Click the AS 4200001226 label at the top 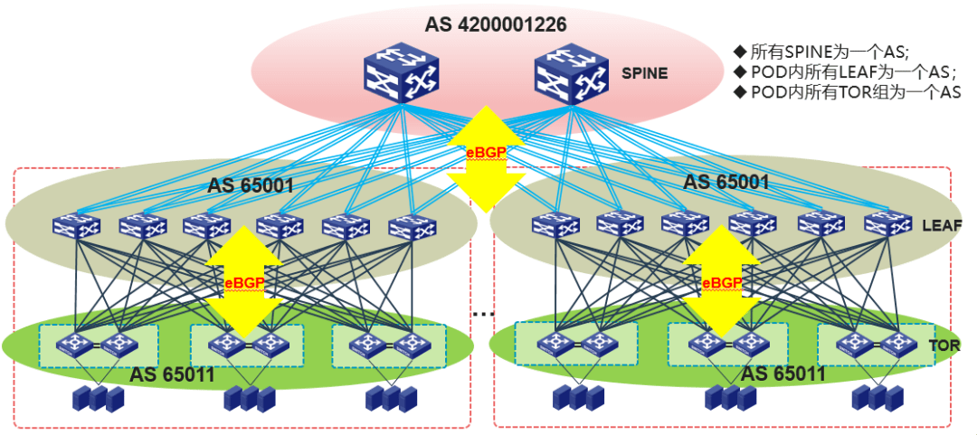click(x=496, y=24)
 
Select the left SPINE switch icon click(x=401, y=72)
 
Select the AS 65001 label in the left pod click(x=251, y=186)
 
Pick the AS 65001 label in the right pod click(x=726, y=182)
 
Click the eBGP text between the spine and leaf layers click(x=485, y=152)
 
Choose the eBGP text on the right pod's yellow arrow click(x=722, y=283)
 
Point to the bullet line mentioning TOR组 click(x=848, y=92)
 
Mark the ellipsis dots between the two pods click(x=483, y=314)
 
